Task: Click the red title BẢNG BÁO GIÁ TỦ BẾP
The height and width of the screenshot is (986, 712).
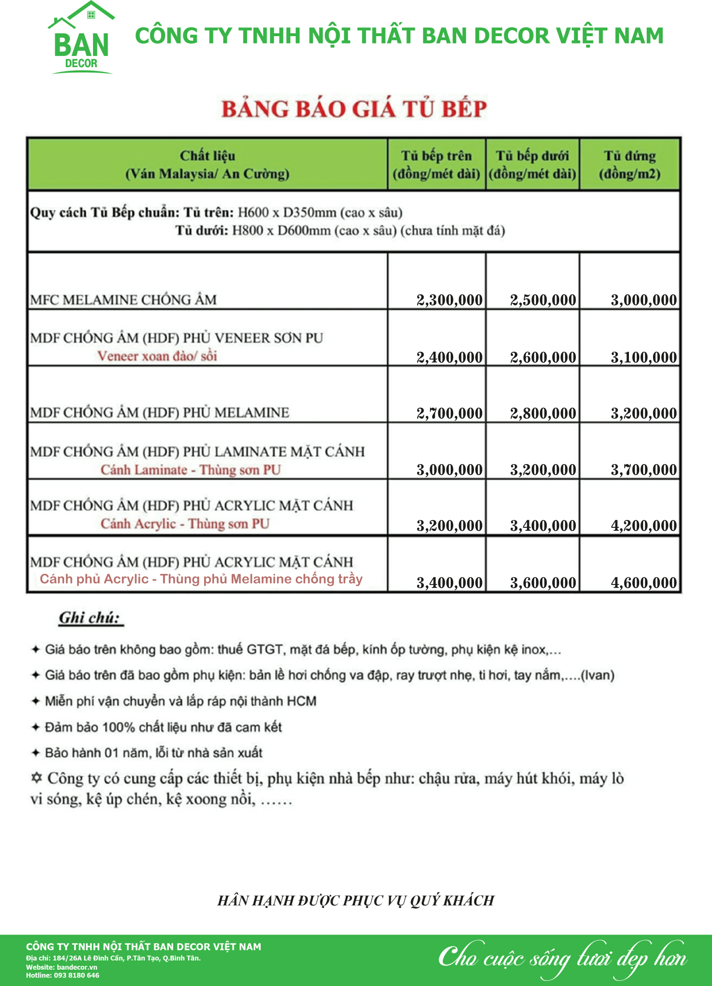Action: point(354,109)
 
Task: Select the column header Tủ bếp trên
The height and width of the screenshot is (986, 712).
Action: point(436,164)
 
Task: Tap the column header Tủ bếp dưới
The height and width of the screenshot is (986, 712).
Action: point(532,164)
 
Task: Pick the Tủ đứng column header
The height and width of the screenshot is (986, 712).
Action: point(629,164)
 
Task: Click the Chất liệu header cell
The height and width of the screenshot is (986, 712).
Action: point(207,164)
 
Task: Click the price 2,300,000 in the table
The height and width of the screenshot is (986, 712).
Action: point(449,300)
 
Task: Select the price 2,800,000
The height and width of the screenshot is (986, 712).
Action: point(543,413)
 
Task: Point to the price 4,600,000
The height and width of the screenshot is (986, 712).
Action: point(644,582)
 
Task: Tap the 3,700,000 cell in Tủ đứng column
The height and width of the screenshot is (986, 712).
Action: point(644,469)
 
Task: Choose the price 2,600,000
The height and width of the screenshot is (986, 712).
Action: point(543,357)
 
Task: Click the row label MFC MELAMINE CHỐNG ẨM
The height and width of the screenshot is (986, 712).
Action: point(123,300)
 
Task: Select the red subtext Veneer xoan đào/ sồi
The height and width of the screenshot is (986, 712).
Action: point(157,356)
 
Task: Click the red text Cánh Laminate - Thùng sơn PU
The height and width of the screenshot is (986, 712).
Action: point(191,470)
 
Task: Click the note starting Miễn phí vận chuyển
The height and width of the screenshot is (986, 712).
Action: point(180,701)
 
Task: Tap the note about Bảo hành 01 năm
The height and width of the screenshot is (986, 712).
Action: point(153,753)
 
